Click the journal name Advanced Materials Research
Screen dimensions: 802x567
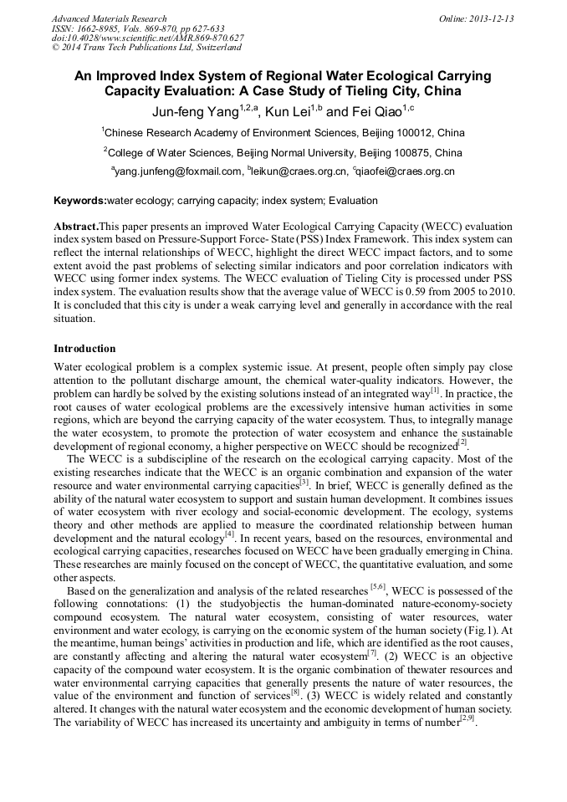(109, 18)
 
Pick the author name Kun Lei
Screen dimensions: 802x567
(288, 112)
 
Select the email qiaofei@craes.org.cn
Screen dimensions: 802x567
(406, 171)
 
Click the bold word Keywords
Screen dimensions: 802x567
(79, 201)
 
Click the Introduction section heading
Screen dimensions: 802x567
(84, 349)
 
